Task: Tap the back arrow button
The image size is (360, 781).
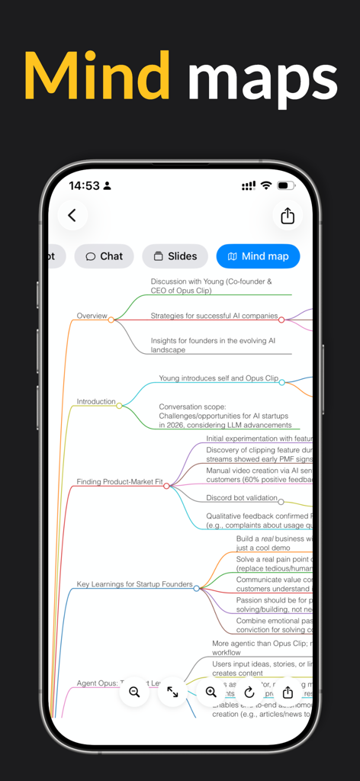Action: tap(72, 216)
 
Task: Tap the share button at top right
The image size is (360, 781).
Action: tap(288, 216)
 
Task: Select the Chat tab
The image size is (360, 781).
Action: tap(104, 256)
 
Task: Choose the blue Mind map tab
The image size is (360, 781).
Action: tap(258, 256)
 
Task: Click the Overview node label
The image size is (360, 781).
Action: tap(92, 316)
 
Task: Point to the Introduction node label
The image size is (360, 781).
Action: tap(96, 401)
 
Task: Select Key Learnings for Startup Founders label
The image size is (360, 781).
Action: tap(134, 584)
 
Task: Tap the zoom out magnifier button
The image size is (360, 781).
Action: tap(134, 692)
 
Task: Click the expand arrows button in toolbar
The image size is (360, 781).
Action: tap(172, 692)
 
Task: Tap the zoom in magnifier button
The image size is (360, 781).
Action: tap(211, 692)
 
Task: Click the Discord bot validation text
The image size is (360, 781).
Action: tap(241, 498)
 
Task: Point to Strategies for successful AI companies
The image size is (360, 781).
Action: tap(214, 316)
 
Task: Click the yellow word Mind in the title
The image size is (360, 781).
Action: tap(97, 77)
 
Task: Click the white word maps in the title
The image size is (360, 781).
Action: tap(262, 77)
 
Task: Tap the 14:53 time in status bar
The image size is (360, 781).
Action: tap(84, 185)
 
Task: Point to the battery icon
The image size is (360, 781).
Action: tap(286, 185)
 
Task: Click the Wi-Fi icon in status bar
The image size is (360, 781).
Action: tap(265, 185)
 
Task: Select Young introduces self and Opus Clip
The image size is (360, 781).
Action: tap(218, 378)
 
